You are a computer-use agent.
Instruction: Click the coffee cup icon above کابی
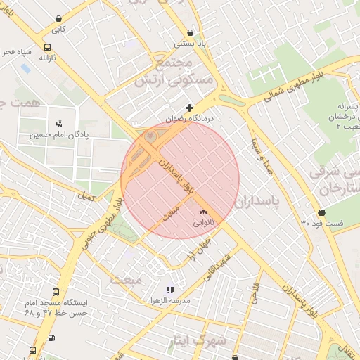point(58,19)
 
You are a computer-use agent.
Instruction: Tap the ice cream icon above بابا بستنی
point(191,32)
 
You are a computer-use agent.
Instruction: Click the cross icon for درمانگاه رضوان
point(189,108)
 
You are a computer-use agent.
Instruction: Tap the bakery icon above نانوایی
point(204,211)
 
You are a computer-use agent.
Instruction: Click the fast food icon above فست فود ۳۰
point(321,212)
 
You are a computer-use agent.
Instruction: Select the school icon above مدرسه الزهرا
point(169,289)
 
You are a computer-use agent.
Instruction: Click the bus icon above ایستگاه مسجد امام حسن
point(55,291)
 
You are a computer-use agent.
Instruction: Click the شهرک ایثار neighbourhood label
point(198,342)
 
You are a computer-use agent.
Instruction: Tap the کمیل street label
point(87,197)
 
